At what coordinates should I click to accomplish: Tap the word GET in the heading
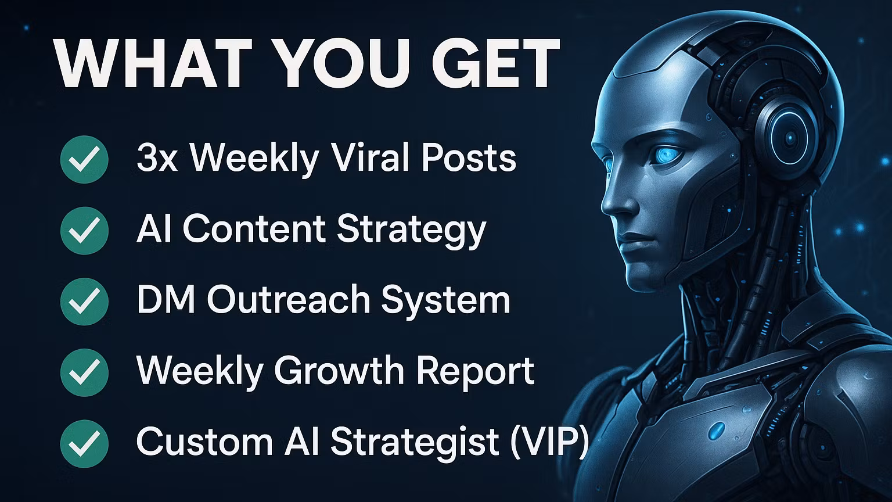pyautogui.click(x=495, y=64)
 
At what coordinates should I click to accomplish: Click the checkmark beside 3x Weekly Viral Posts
pyautogui.click(x=84, y=159)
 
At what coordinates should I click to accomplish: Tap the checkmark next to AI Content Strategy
pyautogui.click(x=84, y=230)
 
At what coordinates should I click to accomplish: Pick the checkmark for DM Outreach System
pyautogui.click(x=84, y=301)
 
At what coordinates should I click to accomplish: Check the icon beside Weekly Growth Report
pyautogui.click(x=84, y=372)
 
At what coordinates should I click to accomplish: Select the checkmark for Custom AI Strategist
pyautogui.click(x=84, y=443)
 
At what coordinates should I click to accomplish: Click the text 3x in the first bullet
pyautogui.click(x=157, y=158)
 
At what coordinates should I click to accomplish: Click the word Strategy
pyautogui.click(x=411, y=230)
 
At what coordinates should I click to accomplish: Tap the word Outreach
pyautogui.click(x=289, y=300)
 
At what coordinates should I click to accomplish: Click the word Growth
pyautogui.click(x=339, y=371)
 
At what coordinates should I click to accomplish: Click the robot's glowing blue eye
pyautogui.click(x=664, y=155)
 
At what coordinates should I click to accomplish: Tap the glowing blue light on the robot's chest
pyautogui.click(x=717, y=430)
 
